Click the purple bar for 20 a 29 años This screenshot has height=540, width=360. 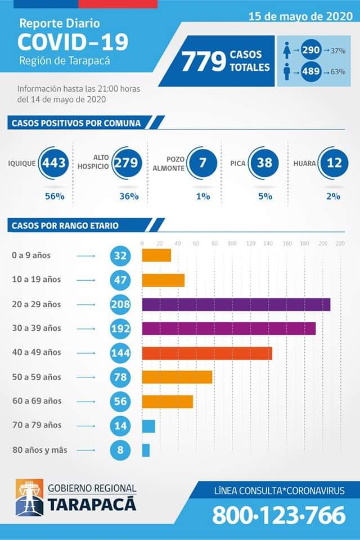click(x=236, y=304)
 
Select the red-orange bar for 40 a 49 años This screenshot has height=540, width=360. click(x=207, y=353)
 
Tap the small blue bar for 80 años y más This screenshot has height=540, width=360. click(x=146, y=450)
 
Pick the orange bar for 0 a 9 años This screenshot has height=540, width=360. click(x=156, y=255)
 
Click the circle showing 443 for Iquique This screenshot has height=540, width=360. click(x=54, y=163)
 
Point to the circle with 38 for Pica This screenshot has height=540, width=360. click(x=264, y=163)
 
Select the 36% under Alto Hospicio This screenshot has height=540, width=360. click(x=129, y=196)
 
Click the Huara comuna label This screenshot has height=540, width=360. click(x=304, y=164)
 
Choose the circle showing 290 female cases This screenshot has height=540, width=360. click(x=311, y=50)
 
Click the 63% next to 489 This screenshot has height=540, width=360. click(x=337, y=72)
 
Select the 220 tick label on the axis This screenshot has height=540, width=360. click(x=340, y=244)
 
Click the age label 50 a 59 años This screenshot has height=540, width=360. click(x=37, y=377)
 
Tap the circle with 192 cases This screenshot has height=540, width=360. click(x=120, y=328)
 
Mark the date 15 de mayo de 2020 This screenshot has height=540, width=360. click(x=301, y=16)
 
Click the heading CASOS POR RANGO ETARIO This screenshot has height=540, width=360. click(x=65, y=226)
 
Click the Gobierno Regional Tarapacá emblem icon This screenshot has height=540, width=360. click(x=29, y=497)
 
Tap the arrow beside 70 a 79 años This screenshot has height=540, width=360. click(x=86, y=426)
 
